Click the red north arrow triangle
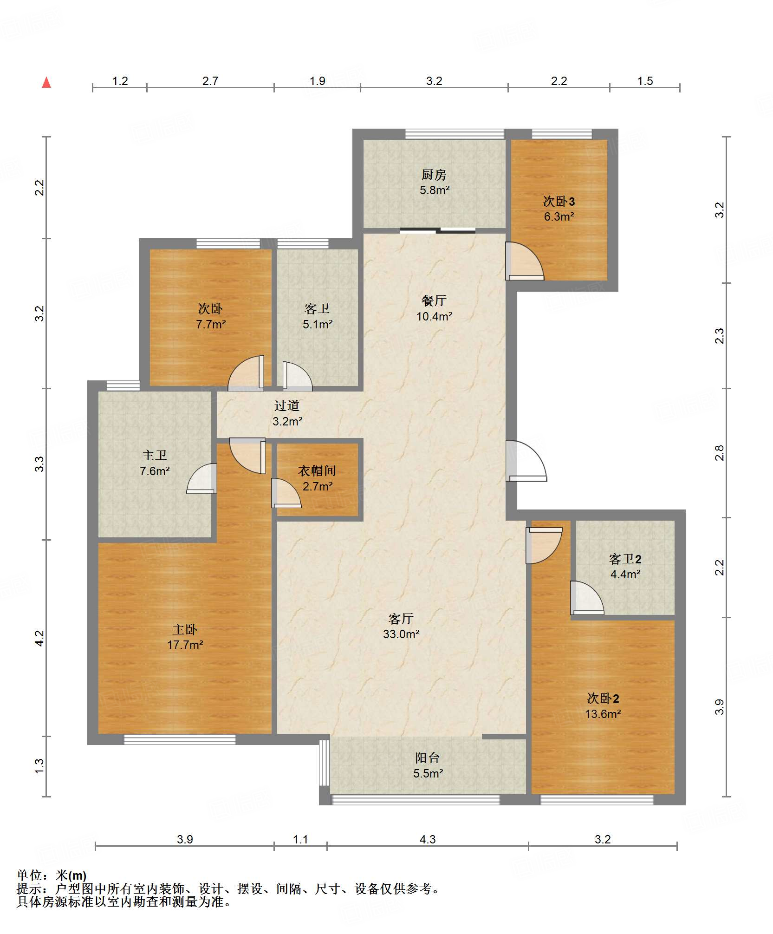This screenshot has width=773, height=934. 46,83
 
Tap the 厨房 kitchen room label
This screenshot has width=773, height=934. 434,175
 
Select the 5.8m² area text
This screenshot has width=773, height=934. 435,190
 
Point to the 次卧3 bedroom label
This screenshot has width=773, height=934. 559,201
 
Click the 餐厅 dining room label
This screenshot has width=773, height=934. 434,300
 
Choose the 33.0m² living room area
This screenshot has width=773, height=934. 401,634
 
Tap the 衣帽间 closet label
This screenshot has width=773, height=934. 317,471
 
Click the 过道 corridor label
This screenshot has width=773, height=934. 287,406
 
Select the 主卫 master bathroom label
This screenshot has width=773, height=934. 155,456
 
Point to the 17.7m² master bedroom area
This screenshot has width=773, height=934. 185,645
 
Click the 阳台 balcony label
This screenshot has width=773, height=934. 428,758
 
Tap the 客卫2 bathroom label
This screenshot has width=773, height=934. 625,559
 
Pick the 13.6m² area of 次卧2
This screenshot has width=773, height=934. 603,714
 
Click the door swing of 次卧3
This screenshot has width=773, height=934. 525,261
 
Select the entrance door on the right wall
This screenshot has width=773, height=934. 526,461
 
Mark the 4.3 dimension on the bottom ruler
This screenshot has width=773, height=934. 428,839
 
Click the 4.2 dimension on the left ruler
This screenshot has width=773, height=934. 39,638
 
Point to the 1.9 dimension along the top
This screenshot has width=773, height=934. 318,81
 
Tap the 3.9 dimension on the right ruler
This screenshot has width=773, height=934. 719,707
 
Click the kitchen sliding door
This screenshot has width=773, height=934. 438,230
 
